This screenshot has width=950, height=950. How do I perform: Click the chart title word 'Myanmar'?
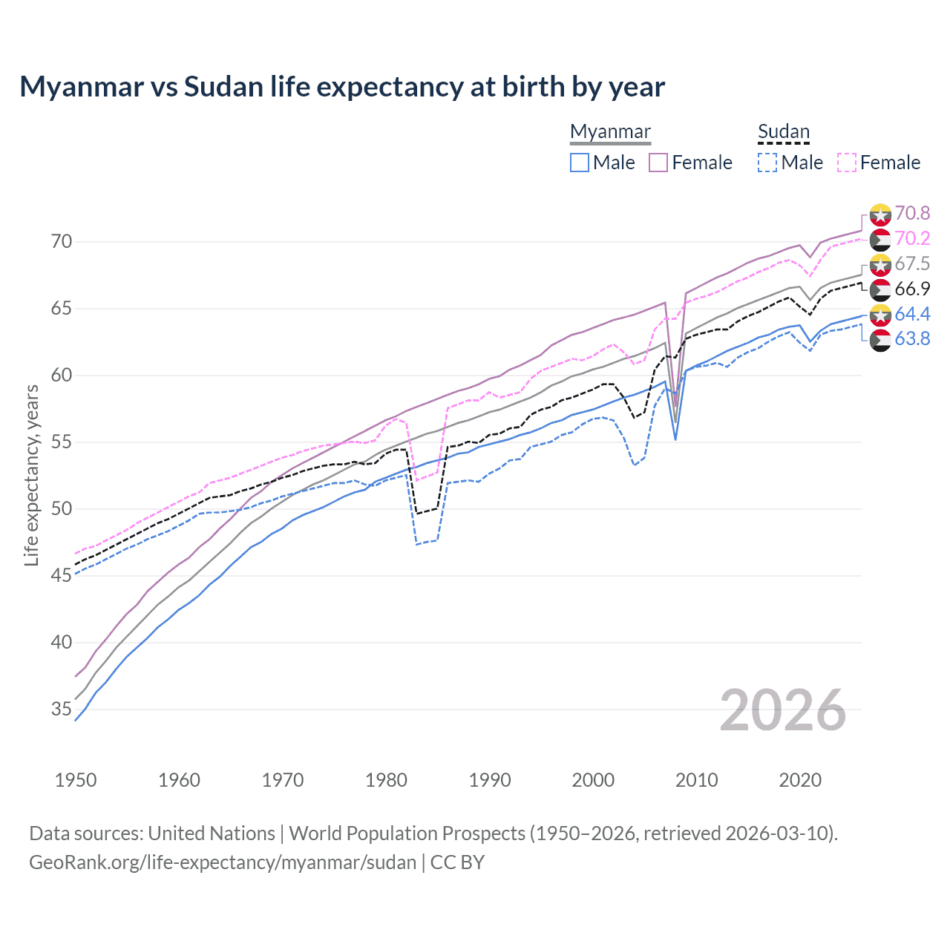click(x=82, y=87)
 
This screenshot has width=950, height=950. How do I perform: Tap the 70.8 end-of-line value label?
click(x=912, y=214)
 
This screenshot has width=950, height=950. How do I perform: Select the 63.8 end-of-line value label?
click(x=912, y=339)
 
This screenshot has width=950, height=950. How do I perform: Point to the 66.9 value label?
click(x=912, y=289)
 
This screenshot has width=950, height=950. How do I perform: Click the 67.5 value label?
click(x=912, y=264)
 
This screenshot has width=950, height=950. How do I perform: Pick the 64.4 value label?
click(x=912, y=315)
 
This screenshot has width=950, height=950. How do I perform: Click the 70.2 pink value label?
click(x=912, y=239)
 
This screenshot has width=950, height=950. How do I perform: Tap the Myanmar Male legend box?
click(x=580, y=163)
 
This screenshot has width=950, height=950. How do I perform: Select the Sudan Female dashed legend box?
click(x=847, y=163)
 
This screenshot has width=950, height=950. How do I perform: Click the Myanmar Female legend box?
click(x=658, y=163)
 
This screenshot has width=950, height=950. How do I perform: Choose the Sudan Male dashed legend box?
click(x=767, y=163)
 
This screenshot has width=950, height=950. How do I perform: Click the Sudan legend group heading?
click(x=783, y=131)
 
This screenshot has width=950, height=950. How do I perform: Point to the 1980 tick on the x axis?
click(x=386, y=780)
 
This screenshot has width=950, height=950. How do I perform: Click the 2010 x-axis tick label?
click(x=696, y=780)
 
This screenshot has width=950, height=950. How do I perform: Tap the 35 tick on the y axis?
click(x=62, y=710)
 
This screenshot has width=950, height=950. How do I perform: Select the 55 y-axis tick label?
click(x=62, y=442)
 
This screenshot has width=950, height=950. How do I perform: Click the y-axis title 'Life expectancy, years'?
click(x=31, y=475)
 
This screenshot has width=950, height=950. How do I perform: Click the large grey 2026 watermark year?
click(x=783, y=710)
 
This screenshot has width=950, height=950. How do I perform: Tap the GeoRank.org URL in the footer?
click(x=223, y=862)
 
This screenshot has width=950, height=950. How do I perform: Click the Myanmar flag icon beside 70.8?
click(x=880, y=214)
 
